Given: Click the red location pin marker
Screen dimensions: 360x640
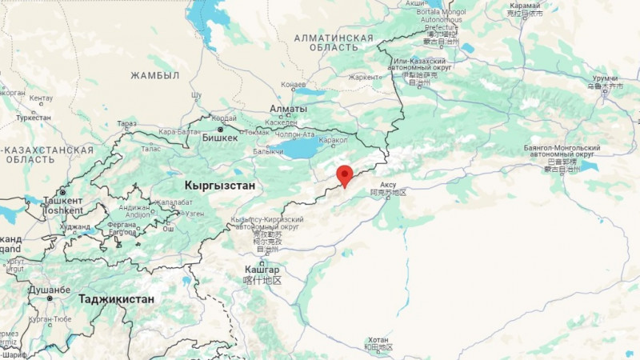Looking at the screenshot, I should [345, 175].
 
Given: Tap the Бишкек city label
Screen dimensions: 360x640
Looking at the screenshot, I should [220, 138].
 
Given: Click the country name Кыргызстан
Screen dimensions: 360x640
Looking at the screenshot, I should [219, 185].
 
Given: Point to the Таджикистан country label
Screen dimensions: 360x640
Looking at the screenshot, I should [117, 298].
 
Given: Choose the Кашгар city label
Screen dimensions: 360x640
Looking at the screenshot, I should [262, 270].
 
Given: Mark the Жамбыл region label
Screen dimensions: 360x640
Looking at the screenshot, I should [155, 75].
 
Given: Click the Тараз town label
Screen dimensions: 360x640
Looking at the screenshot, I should [126, 124].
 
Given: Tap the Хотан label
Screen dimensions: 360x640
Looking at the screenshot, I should [377, 340].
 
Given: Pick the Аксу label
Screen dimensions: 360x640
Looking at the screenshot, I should [388, 184].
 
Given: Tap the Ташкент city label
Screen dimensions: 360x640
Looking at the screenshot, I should [62, 201].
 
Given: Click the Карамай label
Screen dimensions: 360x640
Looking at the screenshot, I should [524, 5].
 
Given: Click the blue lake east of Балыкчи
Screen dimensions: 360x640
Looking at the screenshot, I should [302, 148].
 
